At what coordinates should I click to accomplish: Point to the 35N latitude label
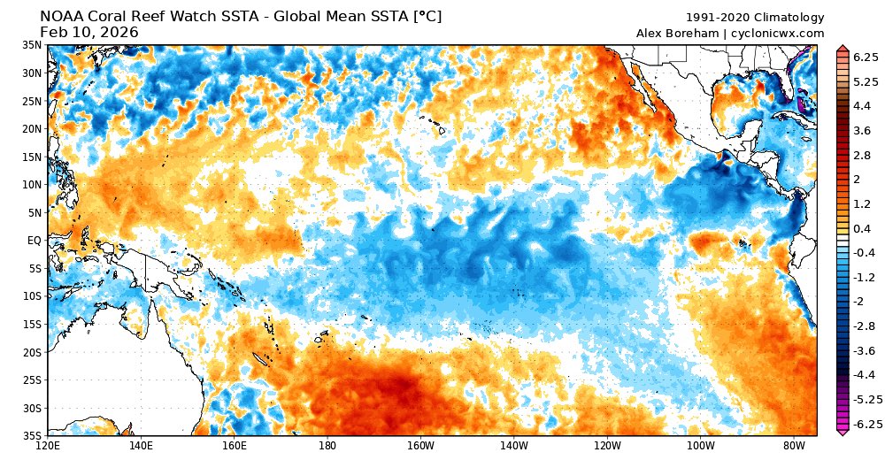point(33,44)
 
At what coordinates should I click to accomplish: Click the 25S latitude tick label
point(33,380)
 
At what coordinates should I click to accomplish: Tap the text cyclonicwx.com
point(779,33)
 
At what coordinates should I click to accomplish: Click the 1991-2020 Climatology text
point(755,18)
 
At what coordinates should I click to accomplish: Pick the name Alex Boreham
point(679,33)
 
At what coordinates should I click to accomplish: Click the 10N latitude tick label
point(33,184)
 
